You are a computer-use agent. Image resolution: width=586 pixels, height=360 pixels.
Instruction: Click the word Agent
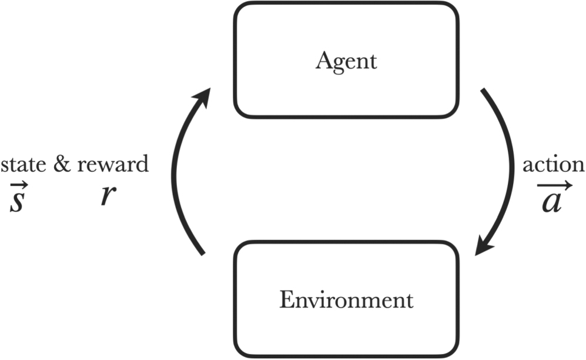[x=346, y=61]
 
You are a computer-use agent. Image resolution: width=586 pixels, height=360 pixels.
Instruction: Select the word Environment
[x=346, y=301]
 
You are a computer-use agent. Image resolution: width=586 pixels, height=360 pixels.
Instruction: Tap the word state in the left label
[x=24, y=165]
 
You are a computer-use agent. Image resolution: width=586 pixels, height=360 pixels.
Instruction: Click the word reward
[x=112, y=165]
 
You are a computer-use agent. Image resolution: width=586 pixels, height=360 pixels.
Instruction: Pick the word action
[x=554, y=165]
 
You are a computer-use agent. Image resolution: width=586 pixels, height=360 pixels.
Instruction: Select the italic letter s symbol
[x=17, y=200]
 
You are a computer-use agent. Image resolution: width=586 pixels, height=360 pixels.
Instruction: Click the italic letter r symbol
[x=106, y=196]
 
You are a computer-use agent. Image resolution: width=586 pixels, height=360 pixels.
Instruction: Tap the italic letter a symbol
[x=553, y=201]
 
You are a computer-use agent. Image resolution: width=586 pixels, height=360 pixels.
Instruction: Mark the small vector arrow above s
[x=17, y=182]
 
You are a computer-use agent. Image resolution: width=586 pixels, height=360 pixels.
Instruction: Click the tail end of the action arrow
[x=483, y=92]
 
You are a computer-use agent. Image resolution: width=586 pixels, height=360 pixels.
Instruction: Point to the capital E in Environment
[x=285, y=301]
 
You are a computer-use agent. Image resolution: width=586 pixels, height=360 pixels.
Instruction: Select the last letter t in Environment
[x=409, y=301]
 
